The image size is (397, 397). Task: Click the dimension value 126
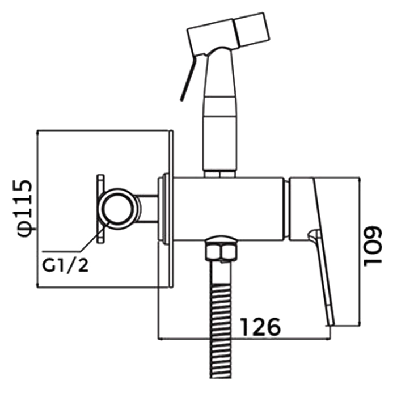tap(260, 327)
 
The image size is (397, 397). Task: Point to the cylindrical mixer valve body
tap(227, 208)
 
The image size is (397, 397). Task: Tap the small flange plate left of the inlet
tap(100, 208)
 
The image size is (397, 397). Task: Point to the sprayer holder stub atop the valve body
tap(219, 172)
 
